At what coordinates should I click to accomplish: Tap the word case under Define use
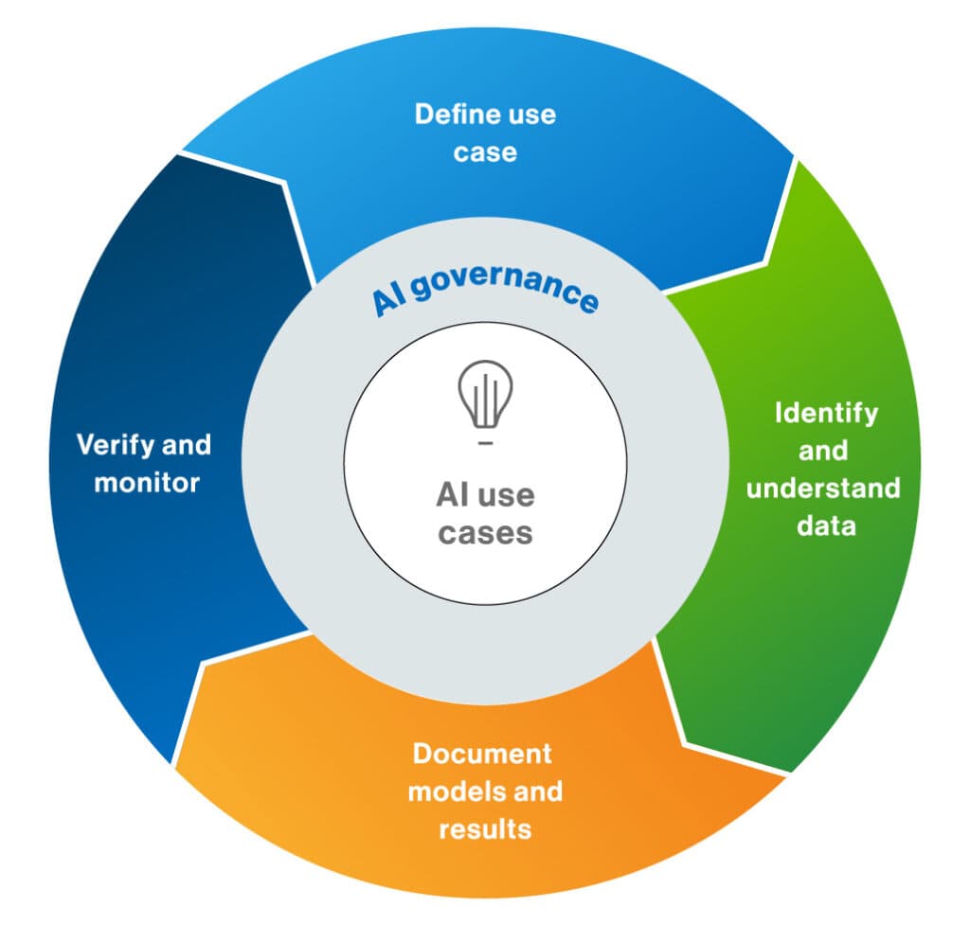tap(485, 152)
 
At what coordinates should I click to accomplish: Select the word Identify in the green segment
tap(826, 414)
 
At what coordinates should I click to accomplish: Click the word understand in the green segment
tap(822, 489)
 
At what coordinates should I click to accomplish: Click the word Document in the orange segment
tap(481, 754)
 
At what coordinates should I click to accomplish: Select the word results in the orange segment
tap(484, 829)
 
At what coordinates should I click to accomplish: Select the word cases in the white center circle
tap(485, 532)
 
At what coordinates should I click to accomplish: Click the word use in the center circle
tap(509, 495)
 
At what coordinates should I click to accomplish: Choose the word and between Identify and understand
tap(822, 451)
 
